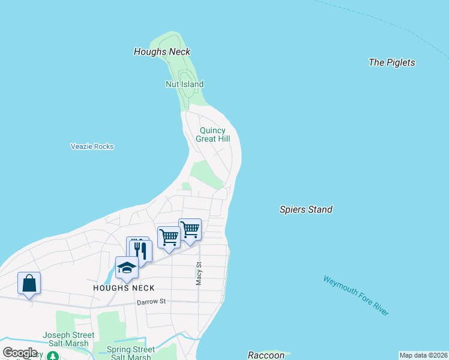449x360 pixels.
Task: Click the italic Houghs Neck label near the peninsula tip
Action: tap(161, 52)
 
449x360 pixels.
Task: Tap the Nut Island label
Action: tap(184, 85)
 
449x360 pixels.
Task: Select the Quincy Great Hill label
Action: tap(212, 134)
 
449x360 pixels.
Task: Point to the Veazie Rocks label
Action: tap(92, 146)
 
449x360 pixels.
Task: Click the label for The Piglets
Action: tap(391, 62)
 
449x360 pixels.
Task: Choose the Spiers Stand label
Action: tap(306, 209)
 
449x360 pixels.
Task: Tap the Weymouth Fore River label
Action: tap(355, 295)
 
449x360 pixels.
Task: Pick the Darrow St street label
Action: tap(150, 302)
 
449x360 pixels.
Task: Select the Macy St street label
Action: tap(199, 273)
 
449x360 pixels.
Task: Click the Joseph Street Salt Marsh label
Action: tap(68, 339)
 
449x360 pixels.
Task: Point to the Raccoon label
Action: tap(266, 355)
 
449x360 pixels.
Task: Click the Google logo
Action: tap(20, 353)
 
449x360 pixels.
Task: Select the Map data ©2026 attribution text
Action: tap(423, 355)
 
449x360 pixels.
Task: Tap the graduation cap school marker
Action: tap(127, 268)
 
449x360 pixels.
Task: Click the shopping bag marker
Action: tap(29, 283)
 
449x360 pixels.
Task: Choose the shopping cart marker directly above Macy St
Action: tap(190, 229)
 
